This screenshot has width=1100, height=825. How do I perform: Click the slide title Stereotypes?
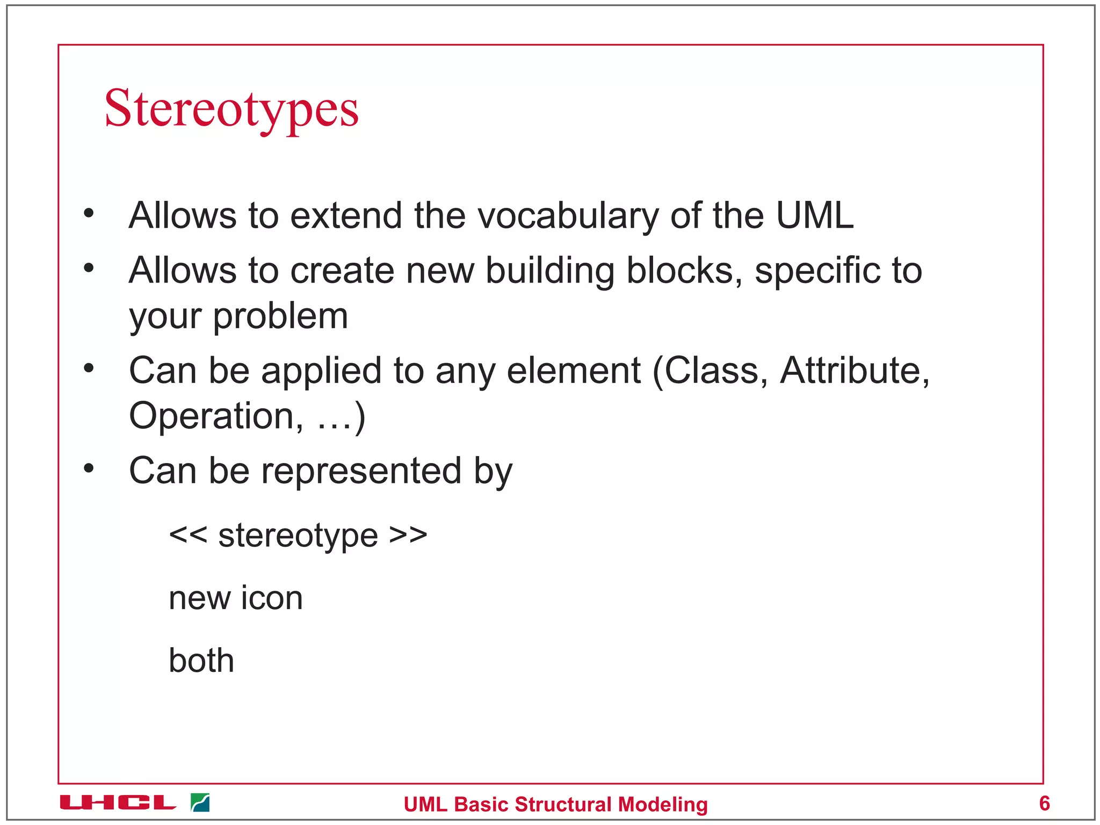coord(231,109)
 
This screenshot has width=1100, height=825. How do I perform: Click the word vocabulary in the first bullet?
coord(568,216)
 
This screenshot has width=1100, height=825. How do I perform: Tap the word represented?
coord(361,471)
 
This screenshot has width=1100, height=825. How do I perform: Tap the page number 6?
coord(1044,803)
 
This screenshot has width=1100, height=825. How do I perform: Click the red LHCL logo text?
coord(118,803)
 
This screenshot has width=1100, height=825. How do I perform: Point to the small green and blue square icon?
coord(200,803)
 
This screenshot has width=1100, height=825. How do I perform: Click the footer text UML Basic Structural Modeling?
coord(555,805)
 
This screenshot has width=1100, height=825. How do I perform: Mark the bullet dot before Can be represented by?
coord(89,468)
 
